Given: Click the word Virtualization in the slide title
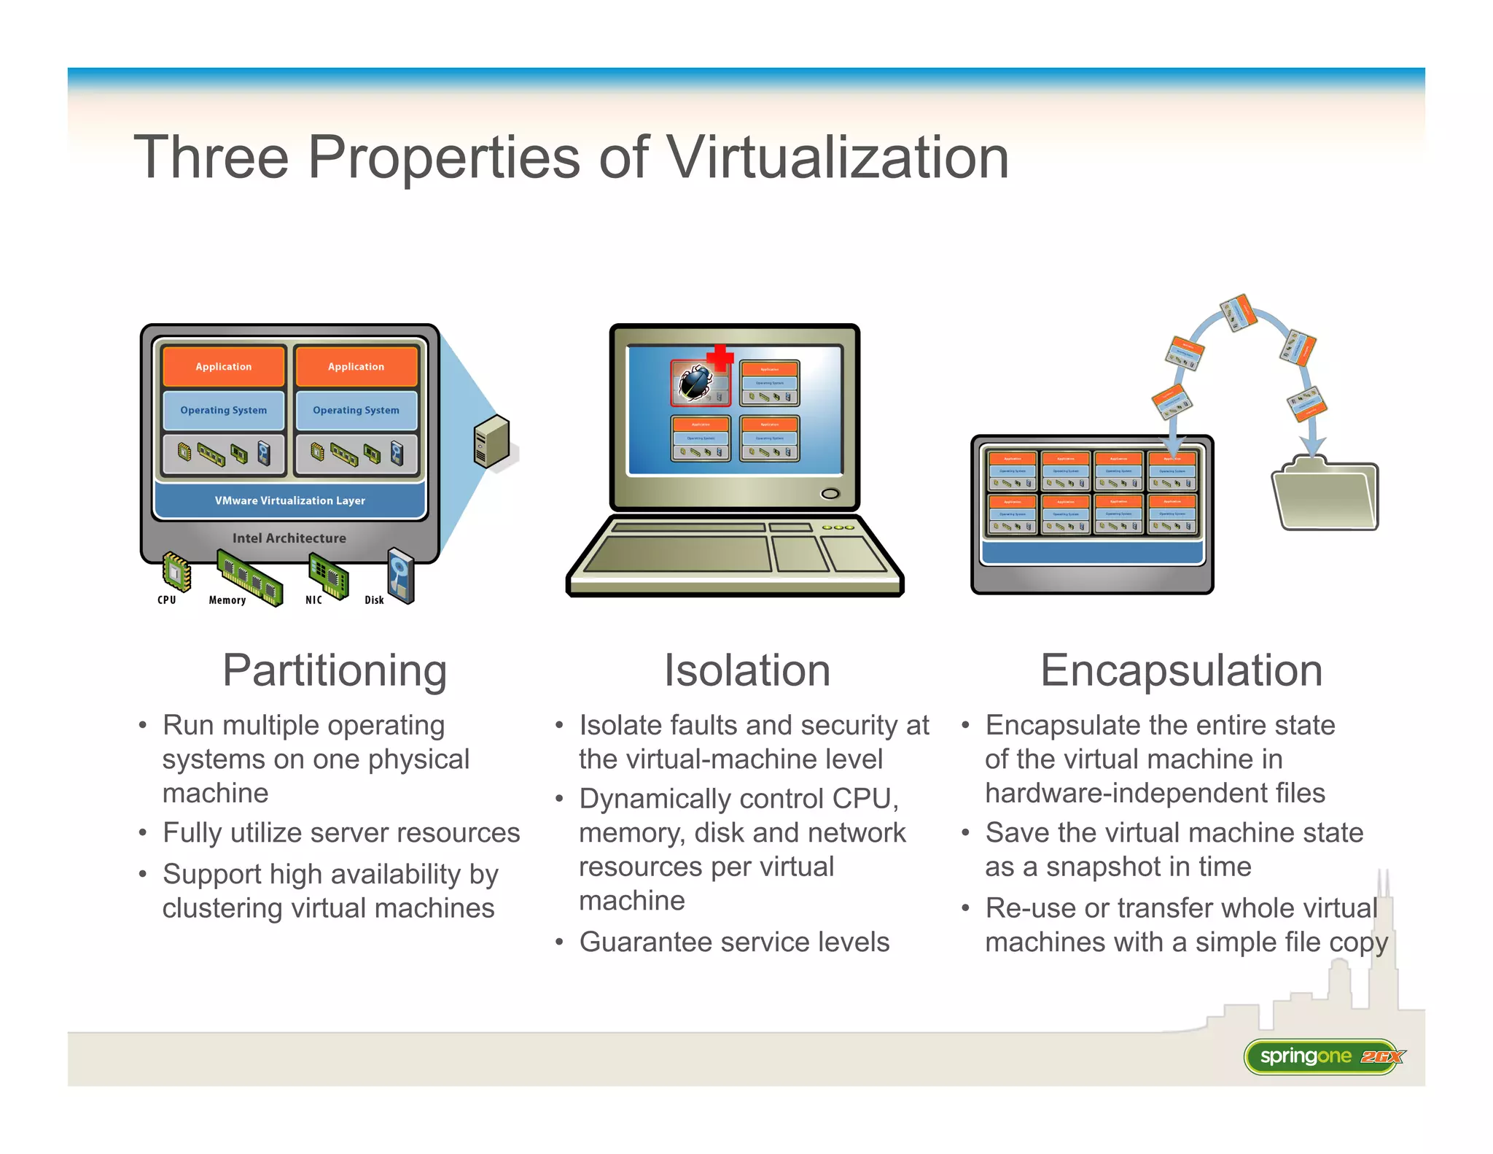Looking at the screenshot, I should pyautogui.click(x=838, y=158).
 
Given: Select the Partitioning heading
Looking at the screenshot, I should pyautogui.click(x=335, y=670).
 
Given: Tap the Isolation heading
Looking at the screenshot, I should pyautogui.click(x=746, y=670).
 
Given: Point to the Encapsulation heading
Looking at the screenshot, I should pyautogui.click(x=1181, y=670).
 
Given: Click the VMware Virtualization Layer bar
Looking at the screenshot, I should pyautogui.click(x=289, y=500).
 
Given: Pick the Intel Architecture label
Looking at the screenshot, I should pyautogui.click(x=289, y=538).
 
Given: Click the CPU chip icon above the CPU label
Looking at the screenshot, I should pyautogui.click(x=176, y=572).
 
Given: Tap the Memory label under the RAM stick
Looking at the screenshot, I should pyautogui.click(x=227, y=600).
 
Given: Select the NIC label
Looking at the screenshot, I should pyautogui.click(x=313, y=600).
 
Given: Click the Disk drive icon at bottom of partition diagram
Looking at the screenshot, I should pyautogui.click(x=401, y=575).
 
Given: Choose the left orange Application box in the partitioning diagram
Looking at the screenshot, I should pyautogui.click(x=224, y=366).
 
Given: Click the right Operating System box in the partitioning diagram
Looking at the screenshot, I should pyautogui.click(x=356, y=410).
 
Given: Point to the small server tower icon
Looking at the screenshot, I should pyautogui.click(x=491, y=441).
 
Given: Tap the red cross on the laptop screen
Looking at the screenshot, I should pyautogui.click(x=720, y=357).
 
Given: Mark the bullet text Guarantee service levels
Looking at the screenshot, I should pyautogui.click(x=734, y=942).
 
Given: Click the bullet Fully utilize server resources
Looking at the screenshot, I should pyautogui.click(x=341, y=832).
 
